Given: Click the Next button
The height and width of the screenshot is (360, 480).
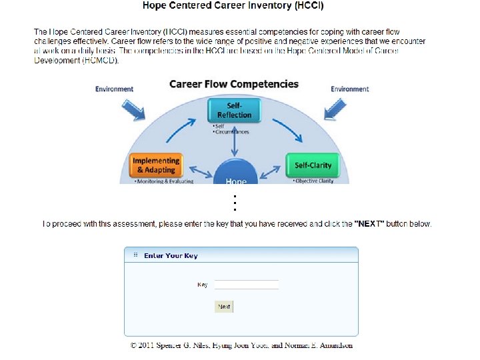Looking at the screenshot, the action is [224, 307].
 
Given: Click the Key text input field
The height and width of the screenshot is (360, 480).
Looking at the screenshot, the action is [247, 285].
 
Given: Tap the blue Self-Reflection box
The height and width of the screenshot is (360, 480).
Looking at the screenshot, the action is [234, 111].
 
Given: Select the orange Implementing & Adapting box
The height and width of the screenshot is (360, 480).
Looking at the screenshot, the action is [156, 165].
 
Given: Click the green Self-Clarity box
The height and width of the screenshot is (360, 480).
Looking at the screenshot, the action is [313, 165].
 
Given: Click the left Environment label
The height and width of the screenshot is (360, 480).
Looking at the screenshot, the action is [114, 89].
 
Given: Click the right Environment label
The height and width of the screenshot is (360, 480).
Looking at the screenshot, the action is [350, 89].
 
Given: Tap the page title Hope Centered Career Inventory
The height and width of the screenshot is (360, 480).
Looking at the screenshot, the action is [233, 6].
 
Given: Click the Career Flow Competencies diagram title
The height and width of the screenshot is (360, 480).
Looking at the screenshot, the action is [234, 84].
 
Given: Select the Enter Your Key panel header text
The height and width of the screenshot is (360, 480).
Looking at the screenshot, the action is [171, 255].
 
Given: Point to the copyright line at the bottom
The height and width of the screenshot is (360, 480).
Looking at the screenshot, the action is [241, 345].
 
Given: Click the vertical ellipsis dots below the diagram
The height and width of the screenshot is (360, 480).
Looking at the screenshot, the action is [235, 202].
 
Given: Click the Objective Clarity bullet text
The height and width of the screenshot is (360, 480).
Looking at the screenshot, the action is [315, 181].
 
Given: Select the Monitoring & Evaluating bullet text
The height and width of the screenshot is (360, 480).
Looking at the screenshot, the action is [164, 181].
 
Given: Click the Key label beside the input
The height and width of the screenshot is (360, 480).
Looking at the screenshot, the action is [202, 285].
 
